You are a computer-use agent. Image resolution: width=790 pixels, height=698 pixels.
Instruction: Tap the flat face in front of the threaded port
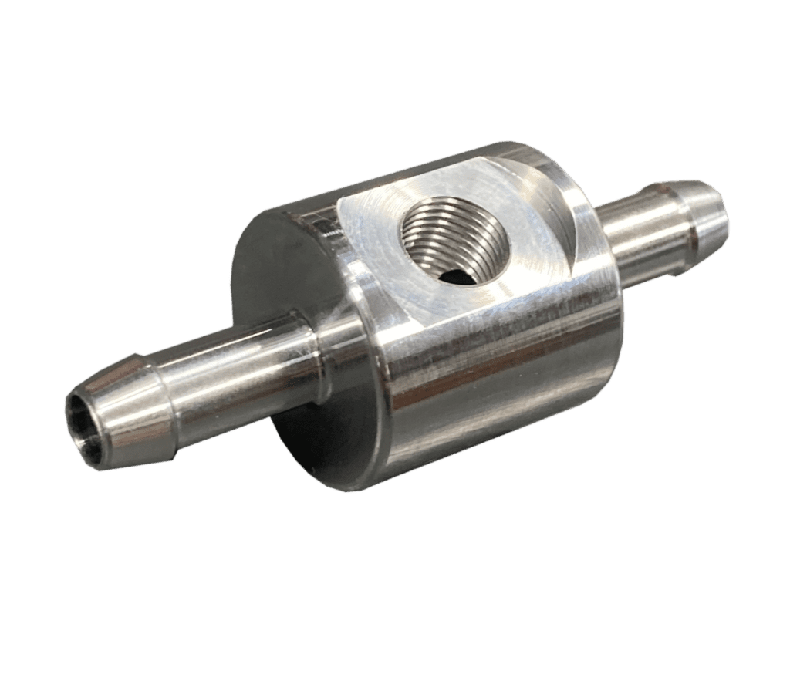432,297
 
